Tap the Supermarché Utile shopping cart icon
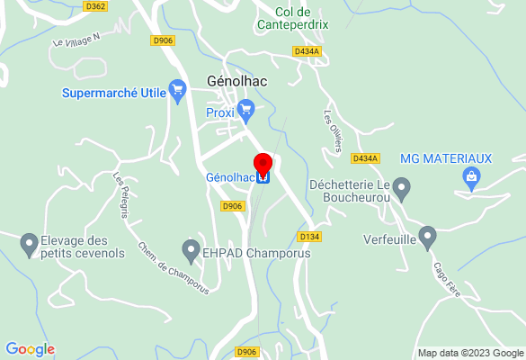[x=177, y=88]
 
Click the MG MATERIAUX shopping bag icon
[x=471, y=177]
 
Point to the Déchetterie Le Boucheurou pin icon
[x=402, y=189]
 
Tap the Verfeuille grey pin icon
[x=427, y=238]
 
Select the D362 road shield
[x=94, y=6]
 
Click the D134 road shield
[x=309, y=237]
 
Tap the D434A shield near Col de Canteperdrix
[x=307, y=51]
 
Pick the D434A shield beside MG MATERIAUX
[x=365, y=158]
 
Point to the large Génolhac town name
[x=239, y=78]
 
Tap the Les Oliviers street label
[x=332, y=130]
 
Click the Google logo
[x=30, y=349]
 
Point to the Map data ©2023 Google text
[x=470, y=353]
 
